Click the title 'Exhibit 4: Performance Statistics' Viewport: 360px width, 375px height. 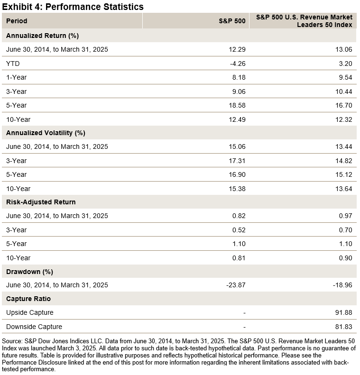click(73, 7)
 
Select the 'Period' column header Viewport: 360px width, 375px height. click(17, 21)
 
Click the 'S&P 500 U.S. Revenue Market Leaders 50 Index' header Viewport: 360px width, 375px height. click(304, 21)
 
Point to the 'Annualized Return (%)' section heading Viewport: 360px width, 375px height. click(42, 36)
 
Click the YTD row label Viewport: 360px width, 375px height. click(13, 64)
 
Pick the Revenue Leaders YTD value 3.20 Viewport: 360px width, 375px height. click(345, 64)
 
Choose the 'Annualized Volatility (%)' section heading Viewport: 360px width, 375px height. click(46, 133)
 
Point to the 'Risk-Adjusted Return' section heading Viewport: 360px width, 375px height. click(41, 202)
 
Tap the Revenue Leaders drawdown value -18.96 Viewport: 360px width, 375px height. click(342, 285)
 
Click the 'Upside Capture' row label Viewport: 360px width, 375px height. click(30, 312)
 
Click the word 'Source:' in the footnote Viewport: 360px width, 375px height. click(12, 341)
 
